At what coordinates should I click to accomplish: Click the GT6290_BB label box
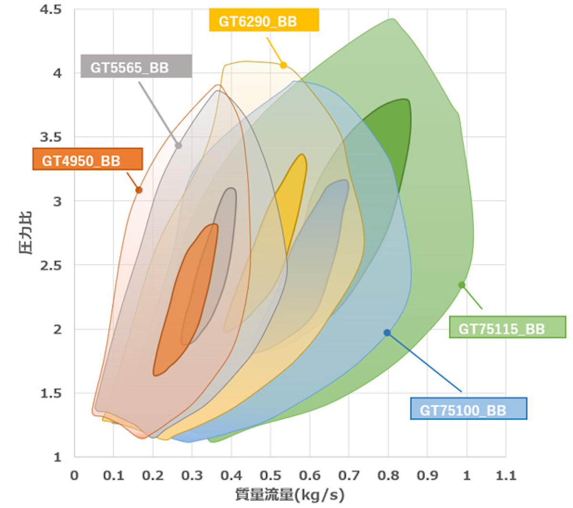click(264, 21)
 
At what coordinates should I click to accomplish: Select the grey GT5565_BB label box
click(136, 66)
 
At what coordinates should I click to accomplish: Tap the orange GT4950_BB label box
click(87, 160)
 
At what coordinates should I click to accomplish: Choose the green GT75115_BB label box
click(507, 328)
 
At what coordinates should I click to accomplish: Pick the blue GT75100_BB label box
click(468, 409)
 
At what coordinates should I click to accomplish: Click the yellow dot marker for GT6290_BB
click(283, 65)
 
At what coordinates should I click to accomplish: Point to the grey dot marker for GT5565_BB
click(179, 145)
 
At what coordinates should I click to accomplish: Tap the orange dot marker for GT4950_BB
click(139, 190)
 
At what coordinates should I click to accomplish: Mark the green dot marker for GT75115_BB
click(462, 285)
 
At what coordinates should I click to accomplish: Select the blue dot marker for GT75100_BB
click(387, 333)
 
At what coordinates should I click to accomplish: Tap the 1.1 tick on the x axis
click(506, 475)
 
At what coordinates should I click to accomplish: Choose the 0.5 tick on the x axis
click(271, 475)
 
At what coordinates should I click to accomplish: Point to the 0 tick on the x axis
click(74, 475)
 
